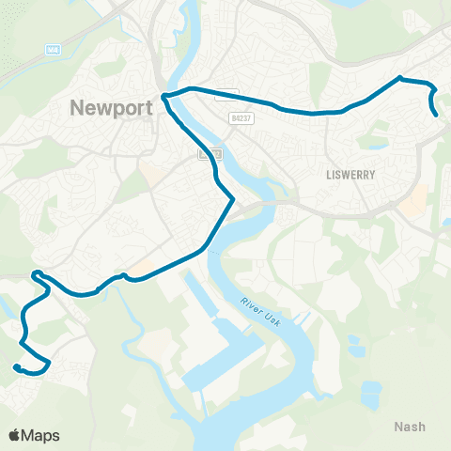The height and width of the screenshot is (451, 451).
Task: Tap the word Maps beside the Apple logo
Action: (40, 435)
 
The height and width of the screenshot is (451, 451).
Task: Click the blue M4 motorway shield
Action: (53, 49)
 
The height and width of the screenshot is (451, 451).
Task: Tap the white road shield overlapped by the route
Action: (225, 94)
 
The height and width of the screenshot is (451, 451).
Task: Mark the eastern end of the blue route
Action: (438, 116)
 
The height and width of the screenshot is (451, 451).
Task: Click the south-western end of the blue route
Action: (16, 366)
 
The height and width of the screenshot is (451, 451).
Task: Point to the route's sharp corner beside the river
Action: (232, 199)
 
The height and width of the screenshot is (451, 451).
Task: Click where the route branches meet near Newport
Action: (163, 96)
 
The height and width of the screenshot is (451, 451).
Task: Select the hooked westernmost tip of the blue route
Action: (35, 274)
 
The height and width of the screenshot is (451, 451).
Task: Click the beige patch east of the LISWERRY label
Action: (413, 199)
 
